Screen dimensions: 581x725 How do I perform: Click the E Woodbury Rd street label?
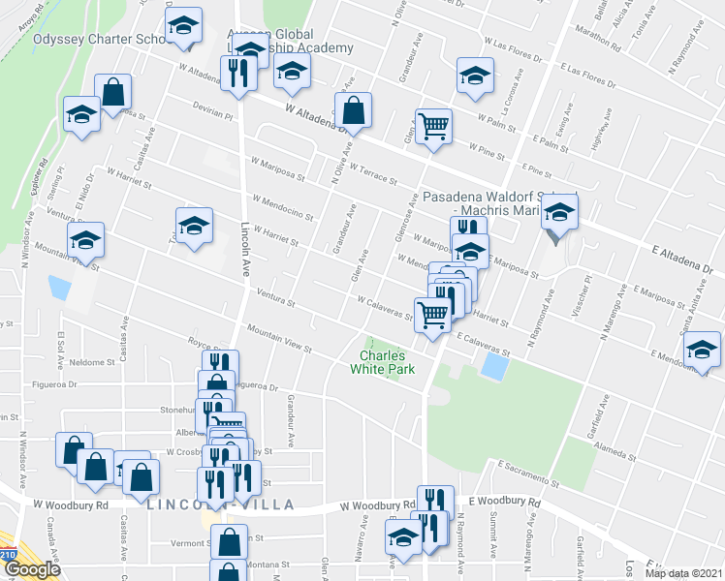click(503, 501)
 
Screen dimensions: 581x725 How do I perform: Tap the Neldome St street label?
click(92, 362)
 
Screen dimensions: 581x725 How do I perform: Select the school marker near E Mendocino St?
click(702, 350)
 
